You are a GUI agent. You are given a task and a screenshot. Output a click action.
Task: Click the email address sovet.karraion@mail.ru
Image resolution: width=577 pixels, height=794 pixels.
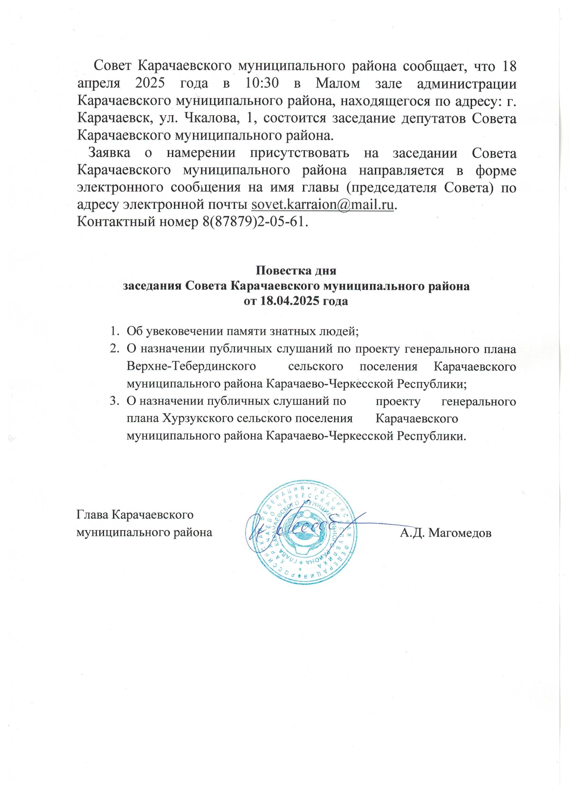323,204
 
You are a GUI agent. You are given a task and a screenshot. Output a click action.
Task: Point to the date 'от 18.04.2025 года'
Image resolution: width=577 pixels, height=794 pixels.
296,301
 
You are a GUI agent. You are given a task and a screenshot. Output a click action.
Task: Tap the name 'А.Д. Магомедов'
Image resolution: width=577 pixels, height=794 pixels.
446,533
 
